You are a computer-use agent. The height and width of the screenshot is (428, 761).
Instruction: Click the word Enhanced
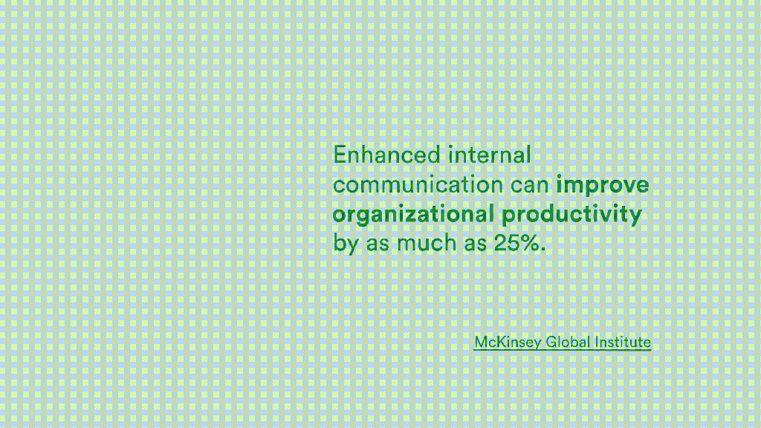coord(387,155)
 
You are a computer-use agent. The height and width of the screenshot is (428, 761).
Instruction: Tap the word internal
coord(490,155)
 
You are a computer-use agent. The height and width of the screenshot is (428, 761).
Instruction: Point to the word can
coord(529,184)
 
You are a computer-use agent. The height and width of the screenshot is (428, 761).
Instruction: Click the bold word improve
coord(602,185)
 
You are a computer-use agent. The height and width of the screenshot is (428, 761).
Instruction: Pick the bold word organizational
coord(413,215)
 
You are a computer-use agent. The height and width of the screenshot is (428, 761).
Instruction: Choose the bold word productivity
coord(571,215)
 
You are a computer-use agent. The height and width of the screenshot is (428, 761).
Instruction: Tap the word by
coord(346,244)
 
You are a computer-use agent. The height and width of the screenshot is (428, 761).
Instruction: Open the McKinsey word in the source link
coord(508,343)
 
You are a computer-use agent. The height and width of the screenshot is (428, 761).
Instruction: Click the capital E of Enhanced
coord(340,155)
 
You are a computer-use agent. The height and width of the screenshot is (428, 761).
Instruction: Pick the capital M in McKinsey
coord(481,342)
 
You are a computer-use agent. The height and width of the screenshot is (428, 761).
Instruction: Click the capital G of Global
coord(551,342)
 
